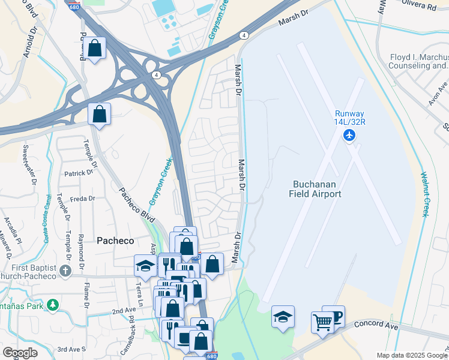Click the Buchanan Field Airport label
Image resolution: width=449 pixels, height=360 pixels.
(317, 189)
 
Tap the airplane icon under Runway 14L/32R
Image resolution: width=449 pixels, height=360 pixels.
(349, 134)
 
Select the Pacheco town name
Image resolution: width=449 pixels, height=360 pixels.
(114, 240)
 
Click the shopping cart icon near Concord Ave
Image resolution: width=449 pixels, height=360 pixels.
(322, 323)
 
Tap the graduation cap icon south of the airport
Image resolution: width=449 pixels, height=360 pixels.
(283, 316)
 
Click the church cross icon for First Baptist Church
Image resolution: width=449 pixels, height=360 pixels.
(65, 271)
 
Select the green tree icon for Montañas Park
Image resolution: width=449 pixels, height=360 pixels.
(53, 305)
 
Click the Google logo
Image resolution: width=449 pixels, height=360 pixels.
(20, 352)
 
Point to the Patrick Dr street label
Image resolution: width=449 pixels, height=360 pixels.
(79, 172)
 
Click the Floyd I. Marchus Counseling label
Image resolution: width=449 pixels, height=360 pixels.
(419, 61)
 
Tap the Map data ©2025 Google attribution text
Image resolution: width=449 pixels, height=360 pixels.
(411, 355)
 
